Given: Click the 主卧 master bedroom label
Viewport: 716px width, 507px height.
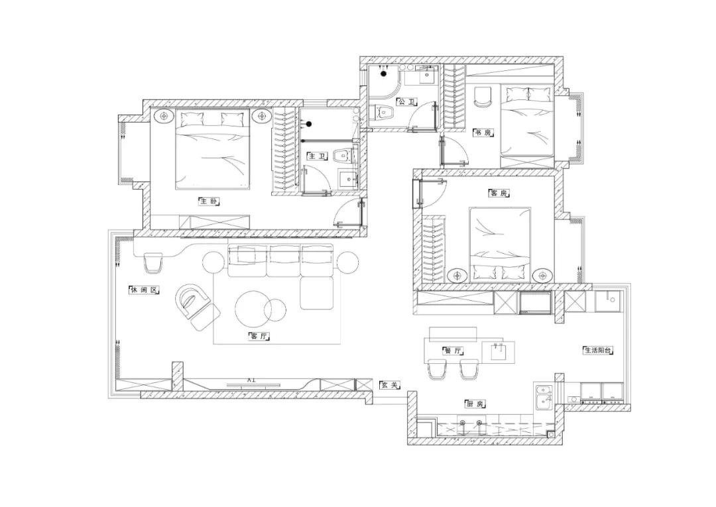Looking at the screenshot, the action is point(209,201).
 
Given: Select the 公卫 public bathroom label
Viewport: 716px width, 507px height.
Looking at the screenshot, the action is point(407,102).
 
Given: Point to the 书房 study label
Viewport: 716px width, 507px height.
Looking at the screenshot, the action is point(483,133).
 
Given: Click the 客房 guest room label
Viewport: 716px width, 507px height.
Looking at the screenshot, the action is point(498,193).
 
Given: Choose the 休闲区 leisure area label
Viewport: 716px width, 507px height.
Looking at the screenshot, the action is point(144,290).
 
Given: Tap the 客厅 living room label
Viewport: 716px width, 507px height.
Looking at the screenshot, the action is point(259,337).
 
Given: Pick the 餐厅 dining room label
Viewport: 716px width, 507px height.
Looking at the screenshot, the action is point(453,351).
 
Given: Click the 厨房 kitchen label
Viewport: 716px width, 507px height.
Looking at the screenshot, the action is point(475,404).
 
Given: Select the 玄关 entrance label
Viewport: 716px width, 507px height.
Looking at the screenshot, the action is point(390,385).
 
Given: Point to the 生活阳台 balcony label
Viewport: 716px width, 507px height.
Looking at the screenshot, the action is point(598,351).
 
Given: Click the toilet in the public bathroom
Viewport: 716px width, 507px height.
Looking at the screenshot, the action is point(383,113).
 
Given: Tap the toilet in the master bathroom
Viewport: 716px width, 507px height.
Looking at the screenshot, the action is point(343,156).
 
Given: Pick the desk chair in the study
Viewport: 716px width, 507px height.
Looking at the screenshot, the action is point(482,97).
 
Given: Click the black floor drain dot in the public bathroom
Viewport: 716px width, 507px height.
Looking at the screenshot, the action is point(384,73).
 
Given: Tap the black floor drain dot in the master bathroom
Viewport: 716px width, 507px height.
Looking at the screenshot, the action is point(309,124).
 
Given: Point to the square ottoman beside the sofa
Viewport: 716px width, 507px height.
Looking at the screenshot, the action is point(317,294).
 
